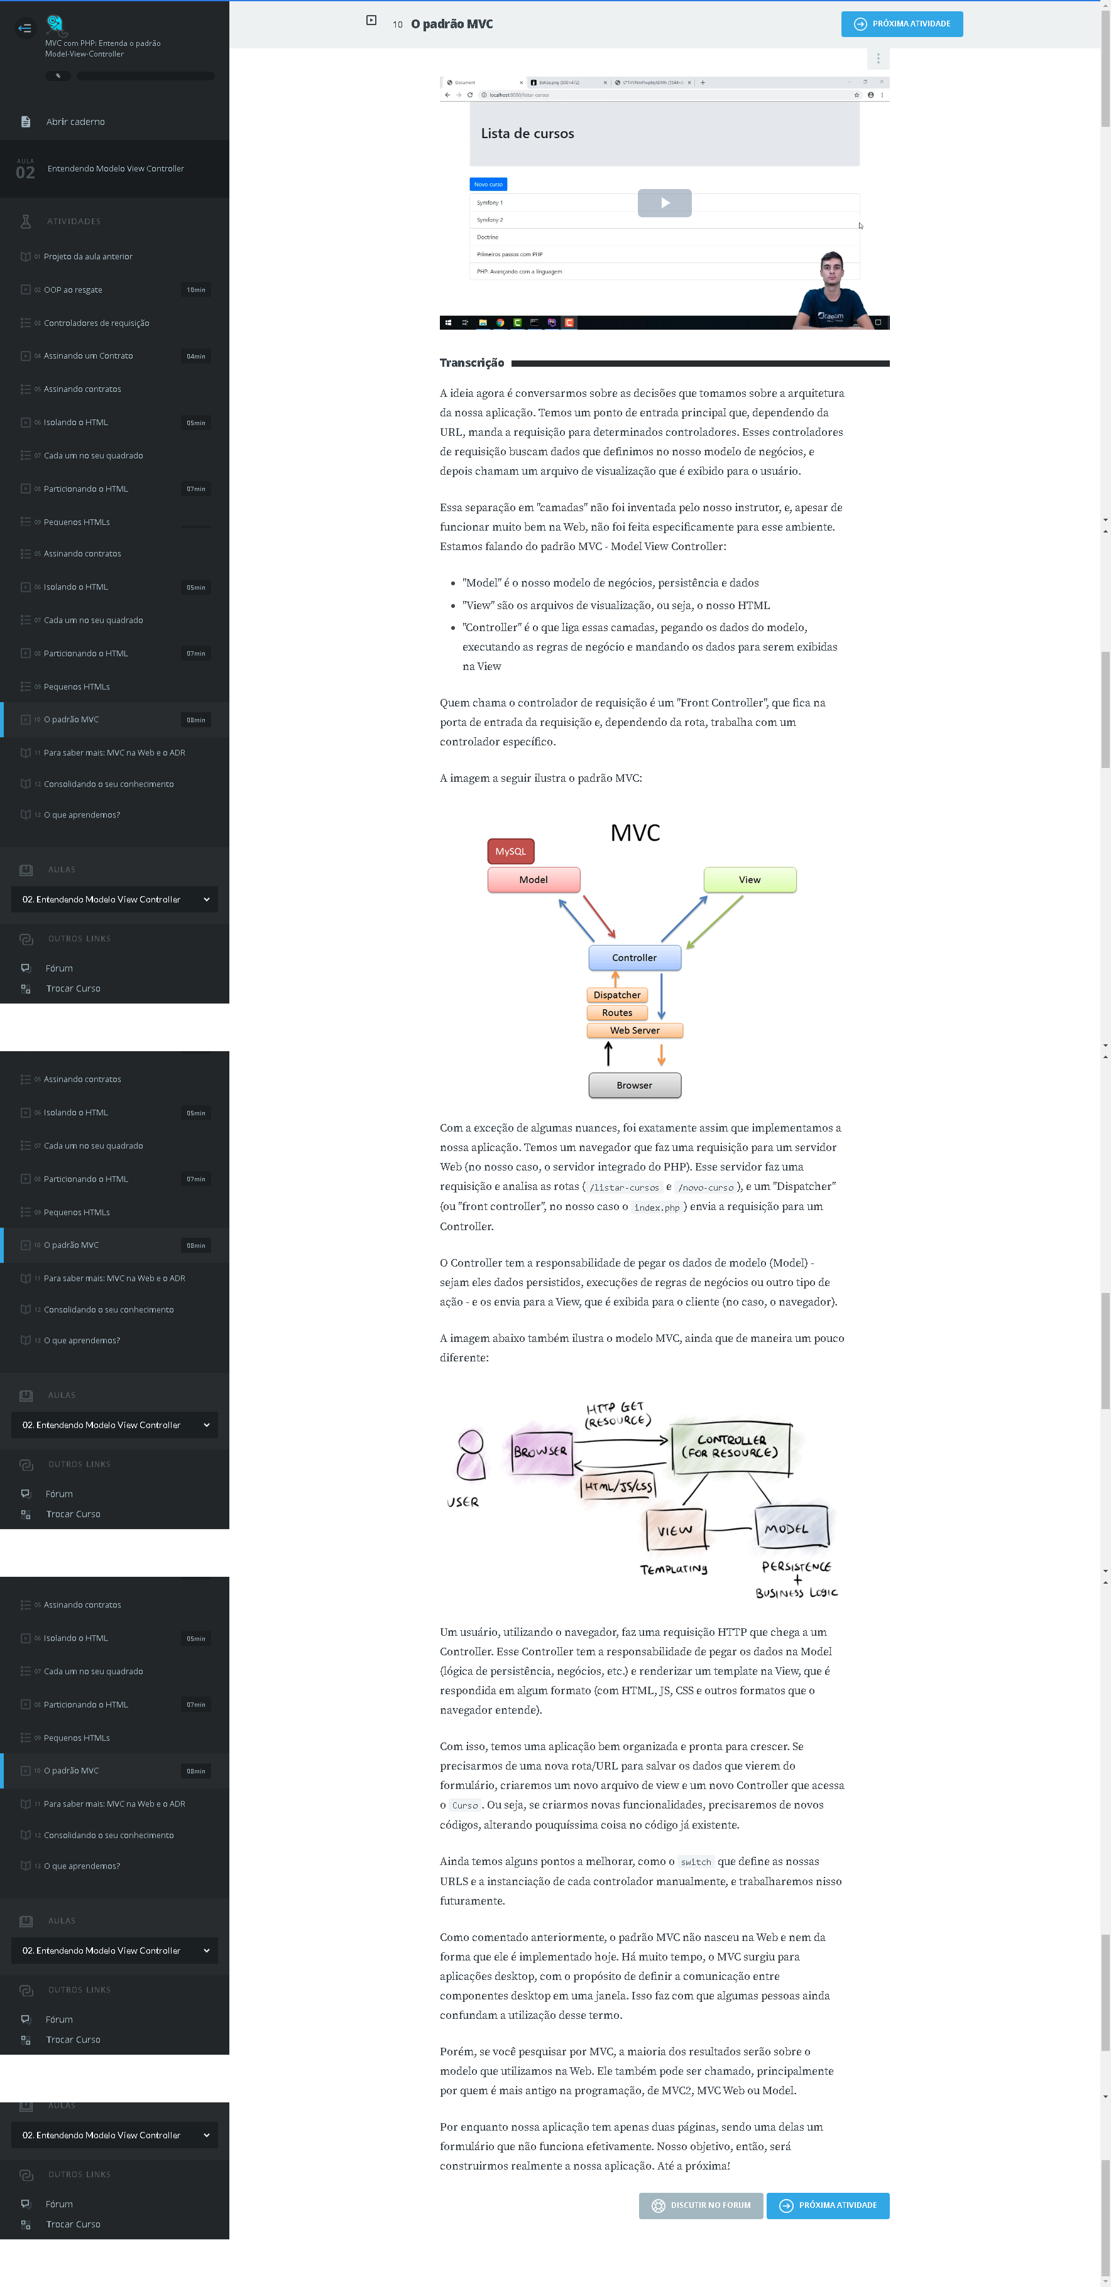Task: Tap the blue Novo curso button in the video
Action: pyautogui.click(x=488, y=185)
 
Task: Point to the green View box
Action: pyautogui.click(x=750, y=880)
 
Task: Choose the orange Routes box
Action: pyautogui.click(x=617, y=1013)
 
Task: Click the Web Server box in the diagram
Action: pyautogui.click(x=634, y=1030)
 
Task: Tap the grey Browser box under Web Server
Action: pyautogui.click(x=634, y=1086)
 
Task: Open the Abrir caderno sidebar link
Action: pyautogui.click(x=75, y=122)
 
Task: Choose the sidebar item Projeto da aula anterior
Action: pyautogui.click(x=88, y=257)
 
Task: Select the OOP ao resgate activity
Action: pyautogui.click(x=73, y=290)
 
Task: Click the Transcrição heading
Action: pyautogui.click(x=471, y=363)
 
